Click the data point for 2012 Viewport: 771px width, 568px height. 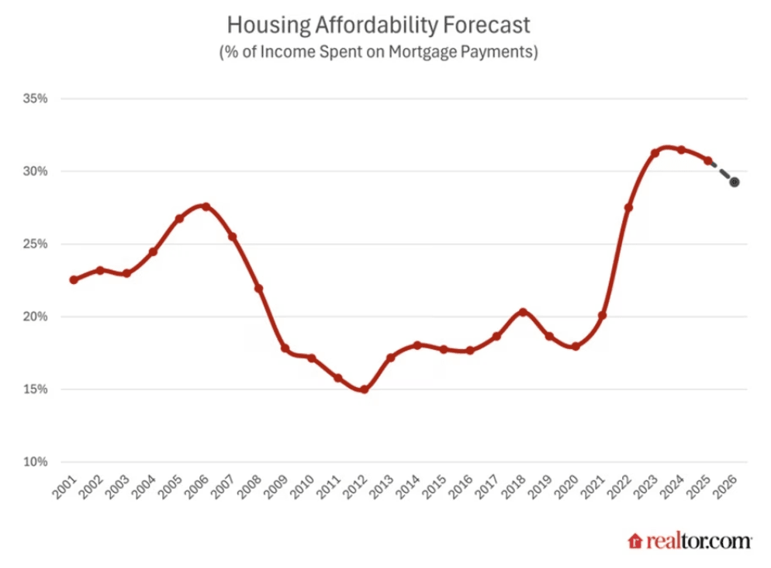(x=364, y=390)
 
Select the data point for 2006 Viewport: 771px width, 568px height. (x=206, y=206)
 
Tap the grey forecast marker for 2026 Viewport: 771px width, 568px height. (x=734, y=182)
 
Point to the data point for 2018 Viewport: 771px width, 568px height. (x=523, y=312)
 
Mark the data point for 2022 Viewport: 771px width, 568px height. (x=628, y=207)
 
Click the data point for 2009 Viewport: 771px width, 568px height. (x=285, y=348)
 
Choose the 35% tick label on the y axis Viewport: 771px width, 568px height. (x=36, y=99)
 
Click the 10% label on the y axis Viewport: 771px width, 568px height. (x=36, y=462)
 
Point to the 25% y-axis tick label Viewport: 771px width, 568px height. (x=36, y=244)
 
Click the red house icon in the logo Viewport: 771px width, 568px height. (x=635, y=541)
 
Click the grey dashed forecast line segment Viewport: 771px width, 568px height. (x=721, y=172)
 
